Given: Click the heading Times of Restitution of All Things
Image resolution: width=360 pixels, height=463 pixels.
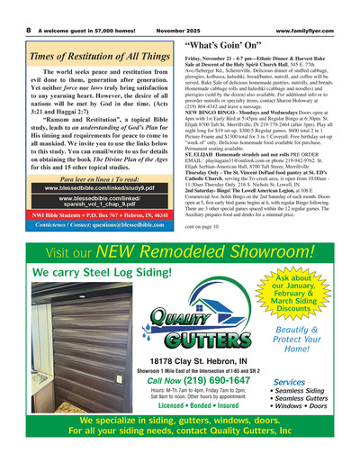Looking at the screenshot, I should tap(88, 56).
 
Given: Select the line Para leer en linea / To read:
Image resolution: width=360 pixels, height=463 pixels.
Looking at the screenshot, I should tap(88, 180).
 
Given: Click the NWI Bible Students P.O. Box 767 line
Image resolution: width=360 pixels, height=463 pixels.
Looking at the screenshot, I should tap(88, 217).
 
